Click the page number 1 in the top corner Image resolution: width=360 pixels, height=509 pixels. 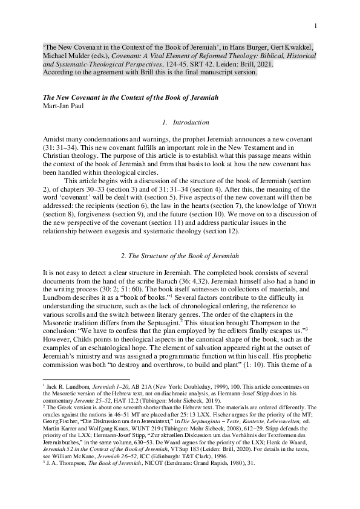pos(316,25)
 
